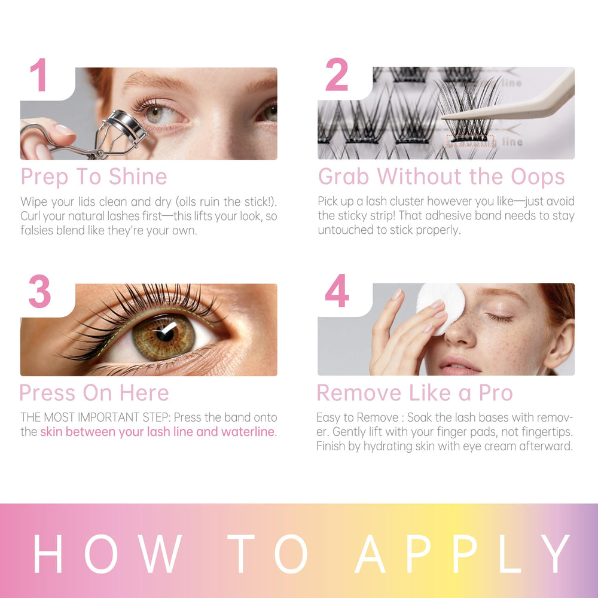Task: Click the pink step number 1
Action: coord(39,75)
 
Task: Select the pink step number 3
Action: coord(39,291)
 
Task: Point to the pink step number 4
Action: coord(337,291)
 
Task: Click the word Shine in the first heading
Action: coord(138,176)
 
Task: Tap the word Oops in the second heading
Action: coord(538,178)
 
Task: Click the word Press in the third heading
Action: coord(47,393)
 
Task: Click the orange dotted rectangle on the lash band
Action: coord(470,141)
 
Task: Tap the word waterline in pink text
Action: coord(248,432)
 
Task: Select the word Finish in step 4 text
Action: coord(331,446)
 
